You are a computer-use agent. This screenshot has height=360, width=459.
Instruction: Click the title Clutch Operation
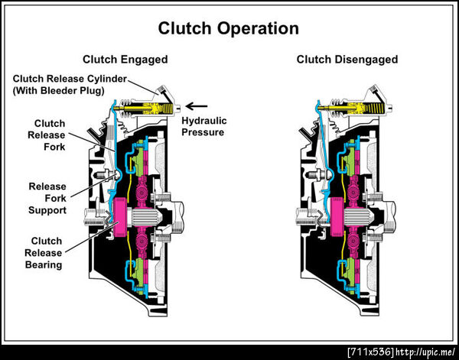pyautogui.click(x=227, y=29)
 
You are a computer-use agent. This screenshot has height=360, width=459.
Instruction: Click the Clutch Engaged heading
pyautogui.click(x=125, y=59)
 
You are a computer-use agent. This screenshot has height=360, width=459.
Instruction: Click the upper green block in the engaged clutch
pyautogui.click(x=142, y=160)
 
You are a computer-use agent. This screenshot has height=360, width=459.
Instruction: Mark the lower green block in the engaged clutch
pyautogui.click(x=142, y=271)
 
